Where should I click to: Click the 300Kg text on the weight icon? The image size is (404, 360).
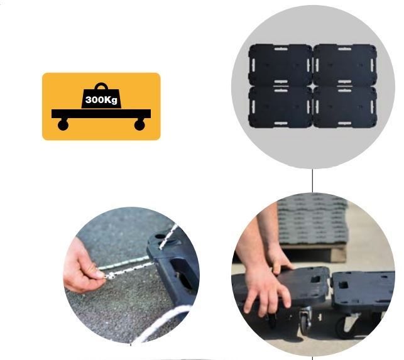pyautogui.click(x=101, y=100)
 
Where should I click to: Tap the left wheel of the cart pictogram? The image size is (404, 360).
pyautogui.click(x=63, y=125)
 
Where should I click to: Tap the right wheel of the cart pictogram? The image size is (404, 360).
pyautogui.click(x=139, y=125)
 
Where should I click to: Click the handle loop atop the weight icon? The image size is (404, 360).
pyautogui.click(x=101, y=86)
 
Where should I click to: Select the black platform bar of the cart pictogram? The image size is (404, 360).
pyautogui.click(x=101, y=114)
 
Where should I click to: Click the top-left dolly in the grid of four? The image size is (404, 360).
pyautogui.click(x=280, y=65)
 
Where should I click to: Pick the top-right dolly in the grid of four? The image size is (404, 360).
pyautogui.click(x=346, y=65)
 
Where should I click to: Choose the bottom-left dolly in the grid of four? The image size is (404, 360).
pyautogui.click(x=280, y=107)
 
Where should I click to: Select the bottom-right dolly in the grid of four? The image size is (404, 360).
pyautogui.click(x=346, y=107)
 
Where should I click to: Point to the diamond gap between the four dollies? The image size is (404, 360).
pyautogui.click(x=313, y=86)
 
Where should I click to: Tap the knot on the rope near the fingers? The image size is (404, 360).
pyautogui.click(x=111, y=276)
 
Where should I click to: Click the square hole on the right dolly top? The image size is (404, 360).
pyautogui.click(x=344, y=285)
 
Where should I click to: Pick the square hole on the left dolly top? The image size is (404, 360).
pyautogui.click(x=315, y=279)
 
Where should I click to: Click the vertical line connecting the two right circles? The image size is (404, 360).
pyautogui.click(x=312, y=181)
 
